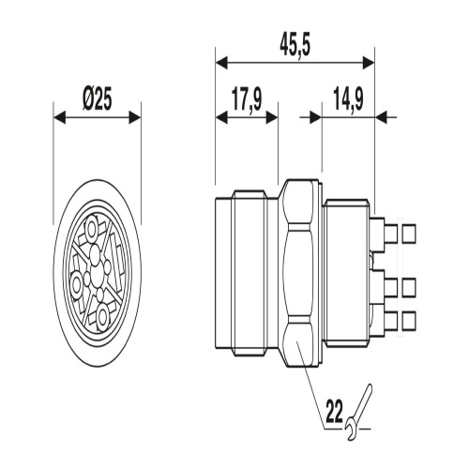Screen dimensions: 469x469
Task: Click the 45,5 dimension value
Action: coord(295,47)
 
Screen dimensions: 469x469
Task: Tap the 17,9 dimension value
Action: coord(247,100)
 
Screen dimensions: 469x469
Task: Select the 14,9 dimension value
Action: coord(348,100)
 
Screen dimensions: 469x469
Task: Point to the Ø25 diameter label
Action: coord(97,100)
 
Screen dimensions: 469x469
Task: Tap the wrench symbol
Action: coord(359,412)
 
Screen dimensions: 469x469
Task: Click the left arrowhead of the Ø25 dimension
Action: coord(60,117)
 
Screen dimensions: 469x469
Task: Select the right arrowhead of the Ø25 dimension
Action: coord(135,117)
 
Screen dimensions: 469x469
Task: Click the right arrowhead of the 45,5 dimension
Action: coord(369,63)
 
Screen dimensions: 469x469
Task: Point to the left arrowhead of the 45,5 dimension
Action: coord(221,63)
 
